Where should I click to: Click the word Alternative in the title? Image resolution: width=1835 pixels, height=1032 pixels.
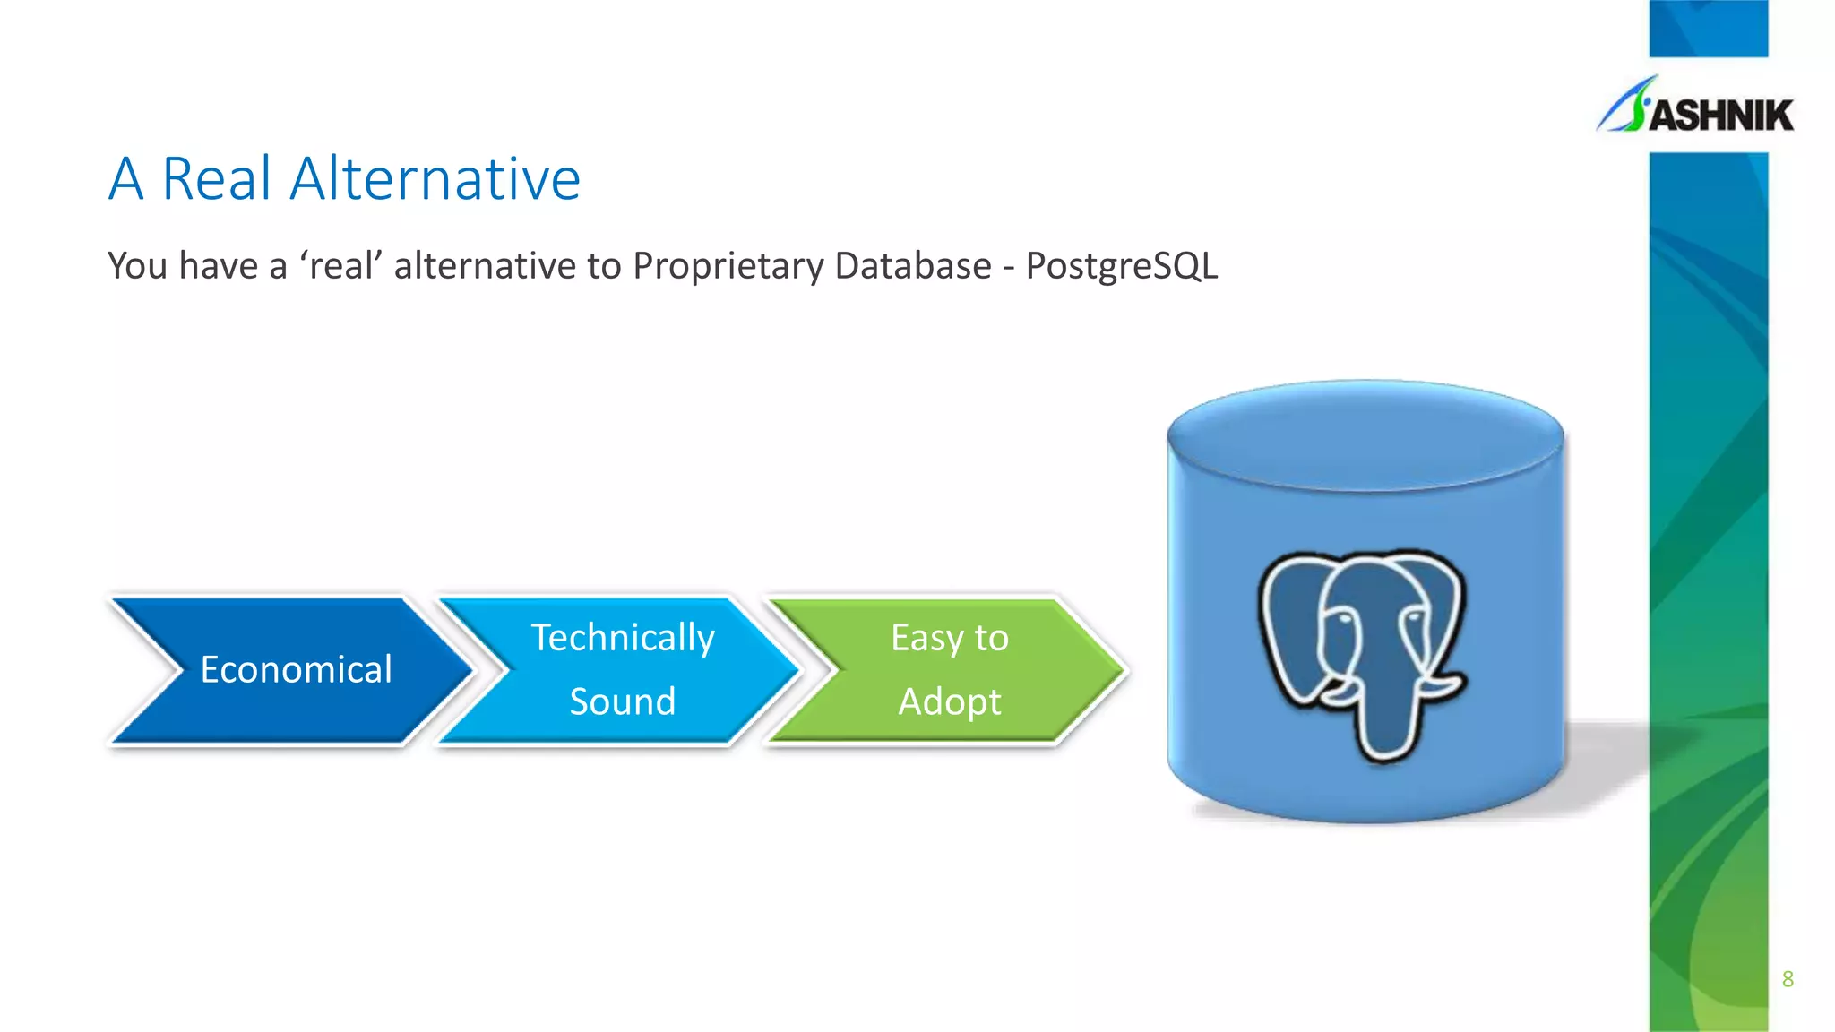click(x=435, y=179)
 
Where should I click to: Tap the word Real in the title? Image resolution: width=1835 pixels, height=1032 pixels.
click(x=216, y=179)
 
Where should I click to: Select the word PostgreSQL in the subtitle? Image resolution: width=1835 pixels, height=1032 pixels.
click(x=1121, y=266)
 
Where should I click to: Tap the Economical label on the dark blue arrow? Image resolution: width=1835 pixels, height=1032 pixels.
click(x=296, y=670)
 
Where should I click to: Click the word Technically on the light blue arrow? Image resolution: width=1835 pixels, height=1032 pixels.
click(x=623, y=638)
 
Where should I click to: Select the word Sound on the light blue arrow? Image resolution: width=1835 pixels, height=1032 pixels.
click(x=623, y=701)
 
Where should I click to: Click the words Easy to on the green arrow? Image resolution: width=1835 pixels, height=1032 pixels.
click(x=950, y=638)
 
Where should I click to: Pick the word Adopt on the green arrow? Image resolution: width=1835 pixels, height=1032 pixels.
click(x=950, y=701)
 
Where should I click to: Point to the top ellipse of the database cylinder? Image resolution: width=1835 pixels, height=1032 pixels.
click(x=1365, y=434)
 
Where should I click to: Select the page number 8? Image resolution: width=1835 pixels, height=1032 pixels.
click(x=1788, y=979)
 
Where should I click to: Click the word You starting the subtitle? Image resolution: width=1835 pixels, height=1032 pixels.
click(x=137, y=266)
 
